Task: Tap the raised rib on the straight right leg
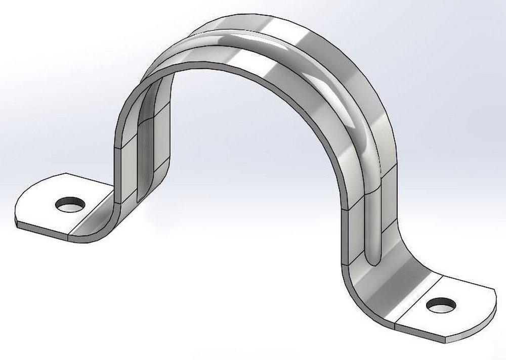372,222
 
